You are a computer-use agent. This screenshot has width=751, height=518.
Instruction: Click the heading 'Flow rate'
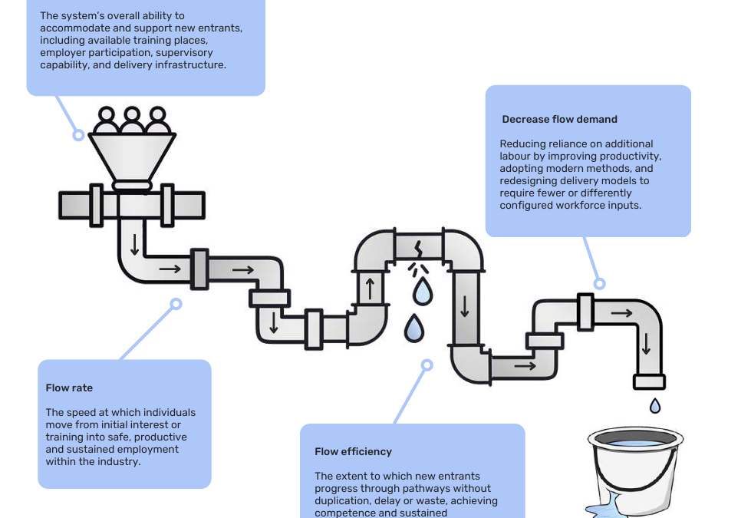click(x=69, y=388)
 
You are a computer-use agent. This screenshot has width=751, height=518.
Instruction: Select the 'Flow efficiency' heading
click(x=353, y=452)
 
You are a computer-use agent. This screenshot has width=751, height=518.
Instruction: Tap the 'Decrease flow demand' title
click(x=559, y=120)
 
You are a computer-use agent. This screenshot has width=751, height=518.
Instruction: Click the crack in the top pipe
click(x=419, y=249)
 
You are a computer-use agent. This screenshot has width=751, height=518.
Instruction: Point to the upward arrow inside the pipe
click(x=370, y=288)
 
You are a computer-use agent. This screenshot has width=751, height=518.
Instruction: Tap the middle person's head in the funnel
click(x=132, y=116)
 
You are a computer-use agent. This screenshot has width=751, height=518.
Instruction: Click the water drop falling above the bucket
click(x=655, y=405)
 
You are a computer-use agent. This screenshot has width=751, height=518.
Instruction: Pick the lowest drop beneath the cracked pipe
click(x=414, y=328)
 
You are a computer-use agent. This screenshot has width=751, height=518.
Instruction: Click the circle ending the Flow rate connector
click(x=176, y=304)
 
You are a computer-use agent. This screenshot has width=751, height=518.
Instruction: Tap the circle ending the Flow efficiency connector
click(x=427, y=366)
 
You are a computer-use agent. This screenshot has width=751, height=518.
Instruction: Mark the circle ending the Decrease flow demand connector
click(x=599, y=283)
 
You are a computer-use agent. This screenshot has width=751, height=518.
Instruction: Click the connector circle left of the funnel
click(x=78, y=135)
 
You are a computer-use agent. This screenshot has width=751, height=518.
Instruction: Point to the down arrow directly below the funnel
click(x=135, y=244)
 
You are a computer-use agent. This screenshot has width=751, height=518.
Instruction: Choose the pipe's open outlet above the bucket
click(x=649, y=381)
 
